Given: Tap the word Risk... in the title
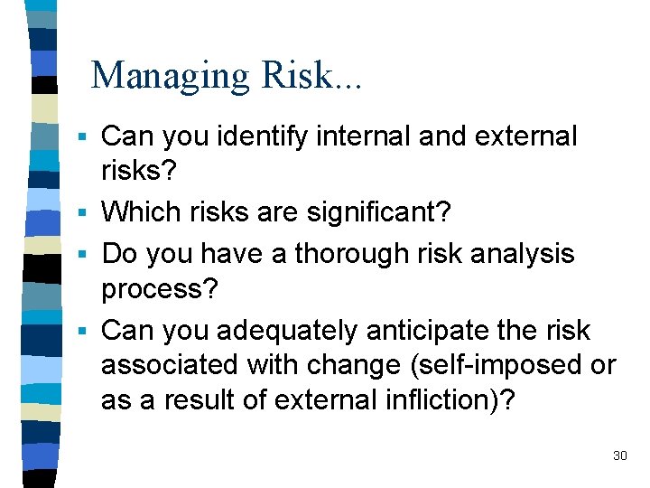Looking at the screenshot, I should [311, 76].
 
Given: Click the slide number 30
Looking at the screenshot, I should [619, 455].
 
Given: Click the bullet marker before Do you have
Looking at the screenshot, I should [81, 254].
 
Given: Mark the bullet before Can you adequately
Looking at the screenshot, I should [81, 332].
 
